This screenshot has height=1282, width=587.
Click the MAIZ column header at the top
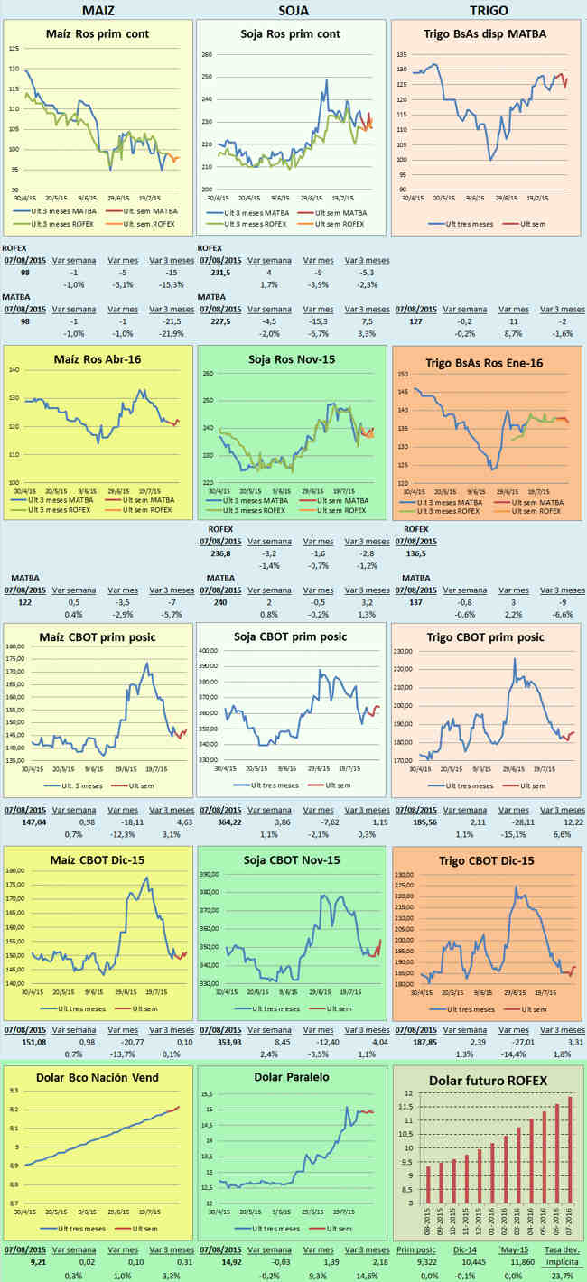point(97,10)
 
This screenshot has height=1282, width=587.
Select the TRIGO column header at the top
point(489,10)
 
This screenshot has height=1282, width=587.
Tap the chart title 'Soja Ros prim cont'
point(291,34)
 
